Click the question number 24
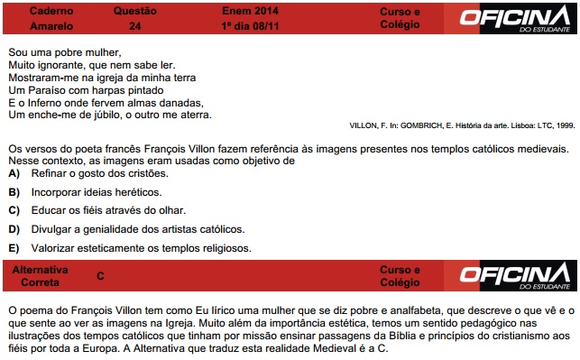pyautogui.click(x=134, y=26)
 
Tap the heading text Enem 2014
pyautogui.click(x=251, y=12)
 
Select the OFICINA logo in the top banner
pyautogui.click(x=515, y=17)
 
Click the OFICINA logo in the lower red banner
pyautogui.click(x=515, y=275)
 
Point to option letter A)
pyautogui.click(x=14, y=172)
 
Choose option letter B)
pyautogui.click(x=14, y=192)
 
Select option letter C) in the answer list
pyautogui.click(x=14, y=211)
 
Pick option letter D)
pyautogui.click(x=14, y=229)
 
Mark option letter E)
pyautogui.click(x=14, y=248)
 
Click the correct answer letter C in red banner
pyautogui.click(x=100, y=275)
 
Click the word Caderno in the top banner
pyautogui.click(x=51, y=12)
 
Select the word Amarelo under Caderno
pyautogui.click(x=51, y=26)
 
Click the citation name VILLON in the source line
pyautogui.click(x=365, y=125)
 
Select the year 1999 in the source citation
pyautogui.click(x=565, y=125)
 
